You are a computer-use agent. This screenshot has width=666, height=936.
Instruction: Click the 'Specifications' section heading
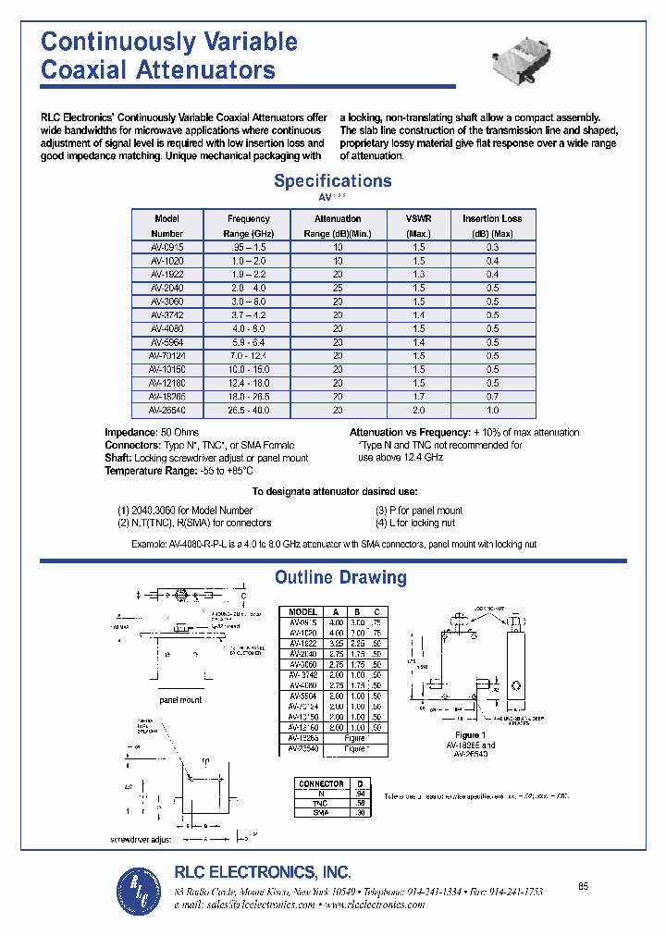(x=332, y=181)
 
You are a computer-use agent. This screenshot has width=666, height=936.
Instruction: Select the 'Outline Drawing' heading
(x=340, y=578)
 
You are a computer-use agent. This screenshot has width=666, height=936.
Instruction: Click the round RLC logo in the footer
(x=139, y=890)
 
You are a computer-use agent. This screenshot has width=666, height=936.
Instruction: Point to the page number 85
(x=583, y=887)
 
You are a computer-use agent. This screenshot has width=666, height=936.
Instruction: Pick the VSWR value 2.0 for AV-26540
(x=418, y=410)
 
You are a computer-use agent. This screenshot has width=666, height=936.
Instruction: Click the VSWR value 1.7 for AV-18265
(x=418, y=397)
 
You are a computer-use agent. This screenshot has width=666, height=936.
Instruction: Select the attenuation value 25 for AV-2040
(x=338, y=288)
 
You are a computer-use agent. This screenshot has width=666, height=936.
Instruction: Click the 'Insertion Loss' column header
(x=492, y=219)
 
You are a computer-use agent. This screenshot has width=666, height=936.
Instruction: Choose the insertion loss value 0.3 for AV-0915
(x=492, y=247)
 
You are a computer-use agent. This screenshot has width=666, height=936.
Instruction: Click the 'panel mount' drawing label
(x=180, y=700)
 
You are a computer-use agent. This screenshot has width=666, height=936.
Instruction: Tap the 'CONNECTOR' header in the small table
(x=320, y=783)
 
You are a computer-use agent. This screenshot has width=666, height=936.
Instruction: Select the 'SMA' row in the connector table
(x=320, y=812)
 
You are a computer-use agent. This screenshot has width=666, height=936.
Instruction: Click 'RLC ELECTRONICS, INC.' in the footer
(x=263, y=871)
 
